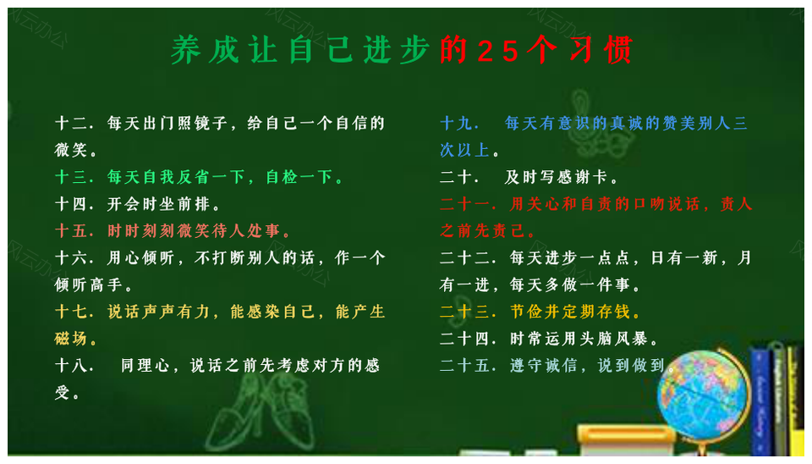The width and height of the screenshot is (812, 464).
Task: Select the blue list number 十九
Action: [456, 124]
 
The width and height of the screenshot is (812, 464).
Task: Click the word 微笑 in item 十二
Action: [71, 151]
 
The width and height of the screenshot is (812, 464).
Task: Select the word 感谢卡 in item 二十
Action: [583, 177]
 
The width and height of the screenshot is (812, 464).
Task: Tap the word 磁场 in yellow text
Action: [71, 339]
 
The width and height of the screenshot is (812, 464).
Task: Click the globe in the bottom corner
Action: [703, 396]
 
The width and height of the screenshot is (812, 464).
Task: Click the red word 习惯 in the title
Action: [601, 51]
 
